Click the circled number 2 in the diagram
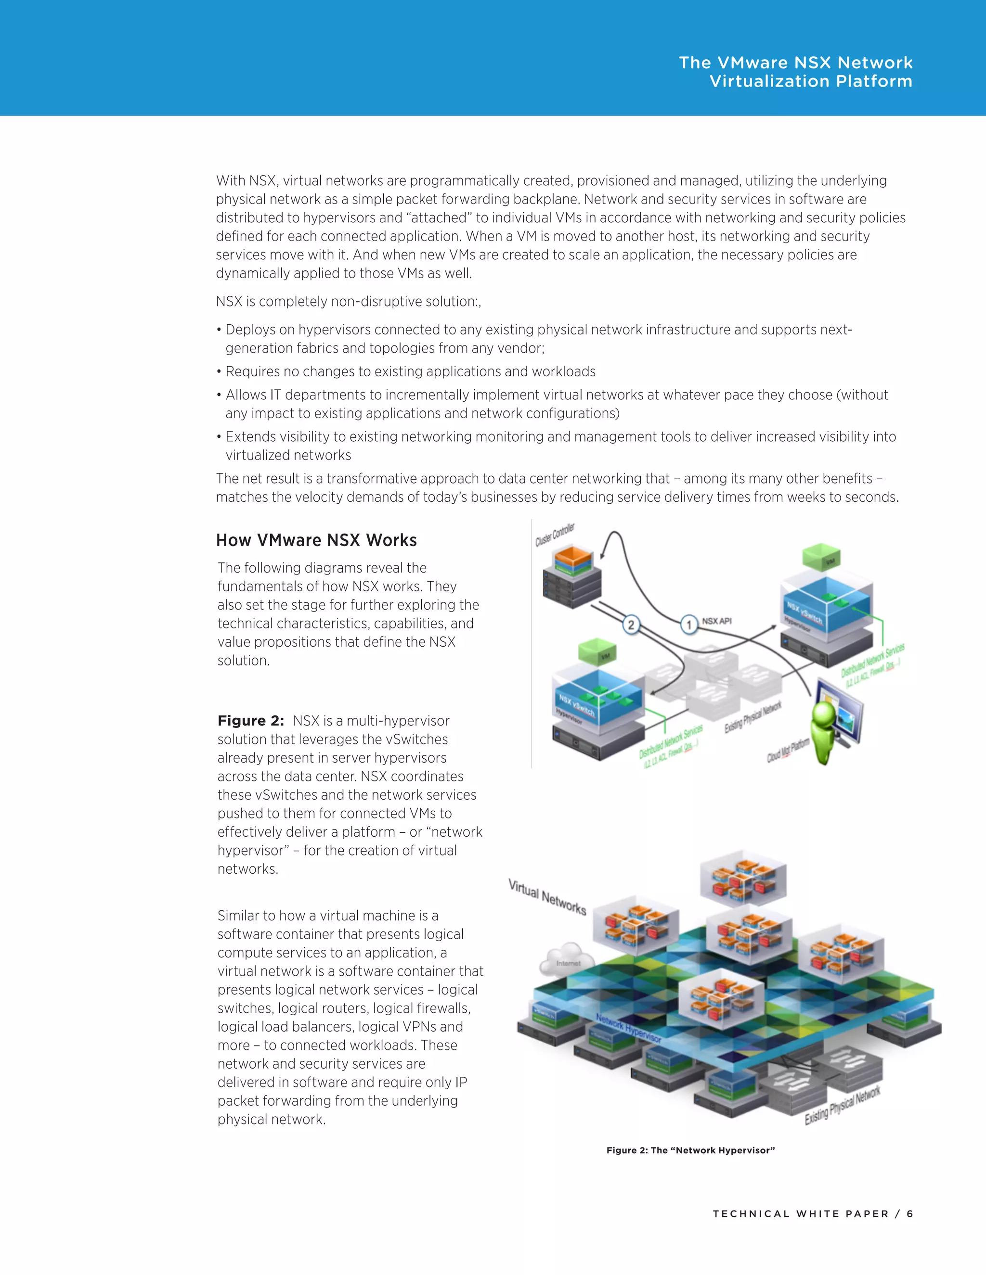point(631,625)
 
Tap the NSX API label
point(717,621)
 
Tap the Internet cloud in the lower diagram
point(567,960)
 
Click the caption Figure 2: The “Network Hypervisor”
point(690,1150)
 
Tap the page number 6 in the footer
point(909,1214)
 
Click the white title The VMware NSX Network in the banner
point(795,63)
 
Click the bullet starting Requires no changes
point(410,372)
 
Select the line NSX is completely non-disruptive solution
point(348,302)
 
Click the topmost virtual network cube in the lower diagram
point(743,879)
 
